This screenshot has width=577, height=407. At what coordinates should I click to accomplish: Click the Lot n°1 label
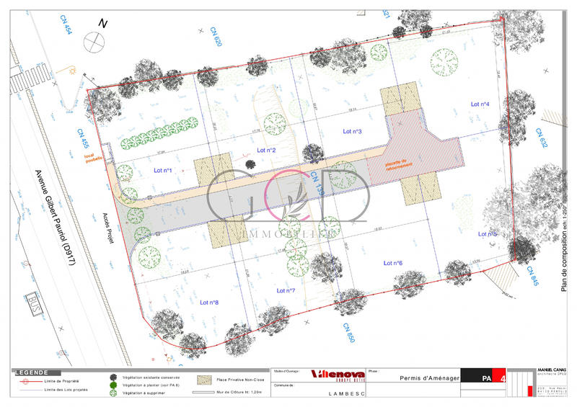pyautogui.click(x=163, y=171)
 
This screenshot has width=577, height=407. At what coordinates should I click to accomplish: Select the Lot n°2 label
pyautogui.click(x=267, y=151)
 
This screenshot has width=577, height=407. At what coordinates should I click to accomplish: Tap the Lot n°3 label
pyautogui.click(x=351, y=131)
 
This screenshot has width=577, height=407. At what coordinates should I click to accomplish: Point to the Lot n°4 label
pyautogui.click(x=480, y=104)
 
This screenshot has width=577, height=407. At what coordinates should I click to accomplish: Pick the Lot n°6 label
pyautogui.click(x=393, y=263)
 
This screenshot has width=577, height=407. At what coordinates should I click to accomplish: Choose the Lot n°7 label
pyautogui.click(x=286, y=290)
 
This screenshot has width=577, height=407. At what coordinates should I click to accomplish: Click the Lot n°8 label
pyautogui.click(x=209, y=303)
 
